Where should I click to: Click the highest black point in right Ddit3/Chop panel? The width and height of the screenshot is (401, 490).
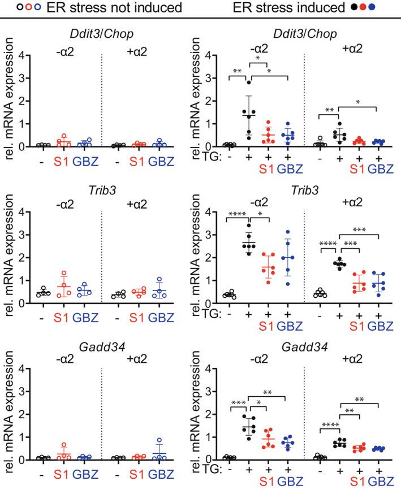click(x=248, y=83)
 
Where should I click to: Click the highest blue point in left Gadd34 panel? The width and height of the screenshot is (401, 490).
click(x=160, y=440)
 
